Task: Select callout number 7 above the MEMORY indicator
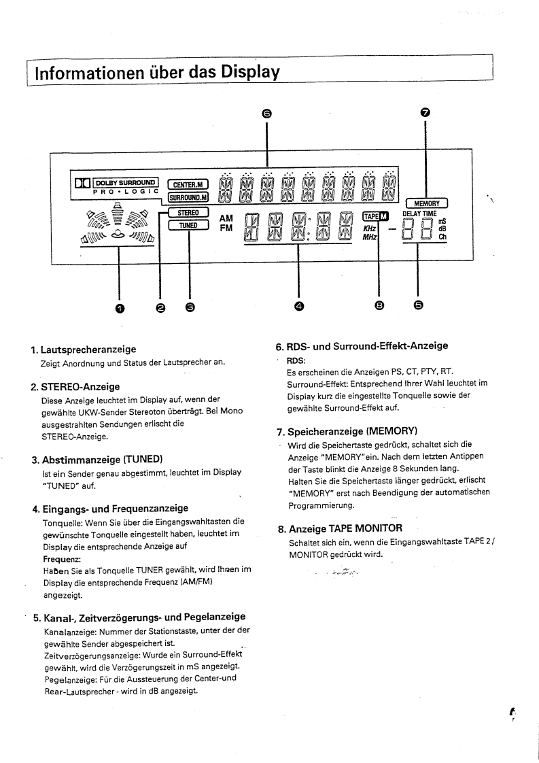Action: point(425,113)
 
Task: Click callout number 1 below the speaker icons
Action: point(120,307)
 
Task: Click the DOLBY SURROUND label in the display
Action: point(126,182)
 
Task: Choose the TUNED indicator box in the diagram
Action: point(187,225)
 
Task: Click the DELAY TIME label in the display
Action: point(419,214)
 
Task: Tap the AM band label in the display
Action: point(227,218)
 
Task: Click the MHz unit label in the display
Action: point(370,238)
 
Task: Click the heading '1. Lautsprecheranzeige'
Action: point(84,350)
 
